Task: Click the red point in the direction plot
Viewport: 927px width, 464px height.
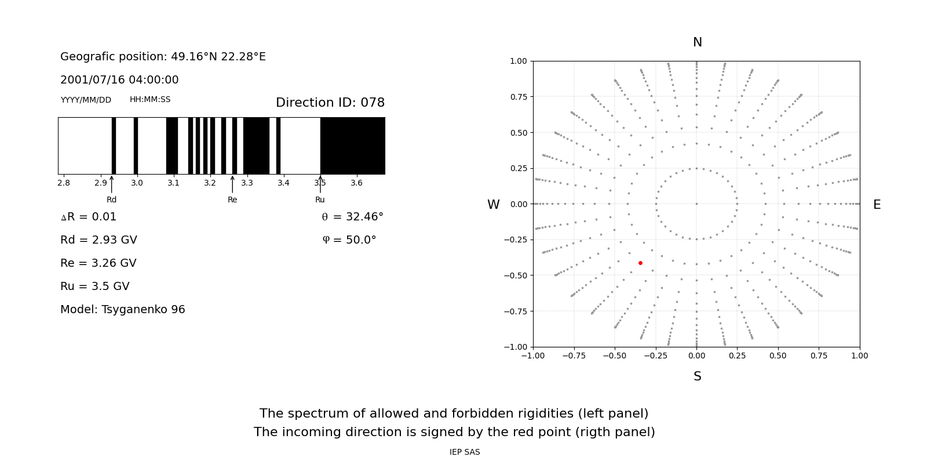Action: coord(640,263)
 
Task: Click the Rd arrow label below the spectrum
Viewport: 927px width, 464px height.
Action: coord(112,200)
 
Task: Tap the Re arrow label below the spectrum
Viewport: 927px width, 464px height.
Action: coord(232,200)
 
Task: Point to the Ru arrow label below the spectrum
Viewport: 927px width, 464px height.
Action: coord(320,200)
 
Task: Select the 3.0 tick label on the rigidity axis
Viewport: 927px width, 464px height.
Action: coord(137,183)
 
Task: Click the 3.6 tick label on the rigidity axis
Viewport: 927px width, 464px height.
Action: coord(356,183)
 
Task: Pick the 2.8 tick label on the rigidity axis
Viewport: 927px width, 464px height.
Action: coord(64,183)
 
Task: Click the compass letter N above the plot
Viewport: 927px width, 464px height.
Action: coord(698,43)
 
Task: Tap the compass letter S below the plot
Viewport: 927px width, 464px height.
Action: coord(698,377)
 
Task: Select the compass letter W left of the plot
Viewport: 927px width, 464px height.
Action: coord(494,205)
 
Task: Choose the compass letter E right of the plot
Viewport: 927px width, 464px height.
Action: coord(877,205)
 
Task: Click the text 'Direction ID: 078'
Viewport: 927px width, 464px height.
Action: coord(330,103)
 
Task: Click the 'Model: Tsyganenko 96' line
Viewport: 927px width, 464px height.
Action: coord(123,310)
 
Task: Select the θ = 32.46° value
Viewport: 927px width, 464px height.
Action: coord(352,217)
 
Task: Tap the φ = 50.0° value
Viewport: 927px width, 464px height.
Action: coord(349,240)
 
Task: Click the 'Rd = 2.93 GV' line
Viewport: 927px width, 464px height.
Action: coord(98,240)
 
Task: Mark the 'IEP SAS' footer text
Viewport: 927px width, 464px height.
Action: coord(465,452)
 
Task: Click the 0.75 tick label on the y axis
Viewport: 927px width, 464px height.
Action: coord(518,97)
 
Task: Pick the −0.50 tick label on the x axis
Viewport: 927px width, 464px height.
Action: coord(615,356)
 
